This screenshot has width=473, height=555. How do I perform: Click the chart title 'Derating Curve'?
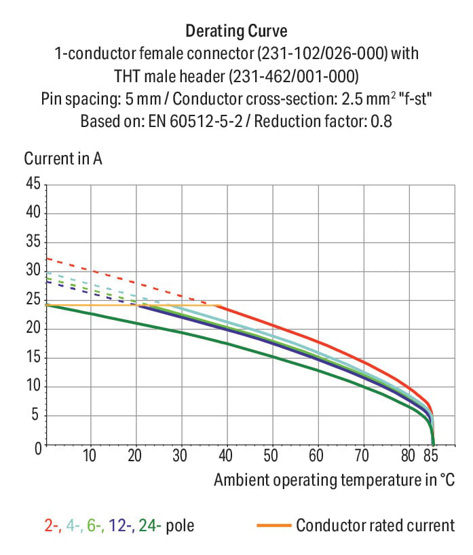(236, 31)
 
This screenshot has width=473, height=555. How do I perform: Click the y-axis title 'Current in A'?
(63, 158)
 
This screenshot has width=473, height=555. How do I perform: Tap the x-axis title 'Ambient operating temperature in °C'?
(334, 480)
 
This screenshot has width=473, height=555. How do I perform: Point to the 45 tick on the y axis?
(33, 183)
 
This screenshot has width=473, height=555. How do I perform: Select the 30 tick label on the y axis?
(33, 270)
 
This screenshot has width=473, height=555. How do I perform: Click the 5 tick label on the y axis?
(35, 414)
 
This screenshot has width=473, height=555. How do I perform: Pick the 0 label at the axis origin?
(38, 448)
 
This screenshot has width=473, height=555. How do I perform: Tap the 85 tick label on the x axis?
(430, 456)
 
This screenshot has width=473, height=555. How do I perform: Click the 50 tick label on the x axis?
(271, 456)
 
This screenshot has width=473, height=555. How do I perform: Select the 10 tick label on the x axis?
(90, 456)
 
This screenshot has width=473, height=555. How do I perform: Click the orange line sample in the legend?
(274, 525)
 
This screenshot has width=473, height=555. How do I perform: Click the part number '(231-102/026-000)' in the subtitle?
(322, 54)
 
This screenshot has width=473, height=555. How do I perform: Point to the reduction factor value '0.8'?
(381, 122)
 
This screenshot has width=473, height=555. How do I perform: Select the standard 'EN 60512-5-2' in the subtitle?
(195, 122)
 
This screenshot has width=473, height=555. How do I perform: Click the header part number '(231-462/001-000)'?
(294, 76)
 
